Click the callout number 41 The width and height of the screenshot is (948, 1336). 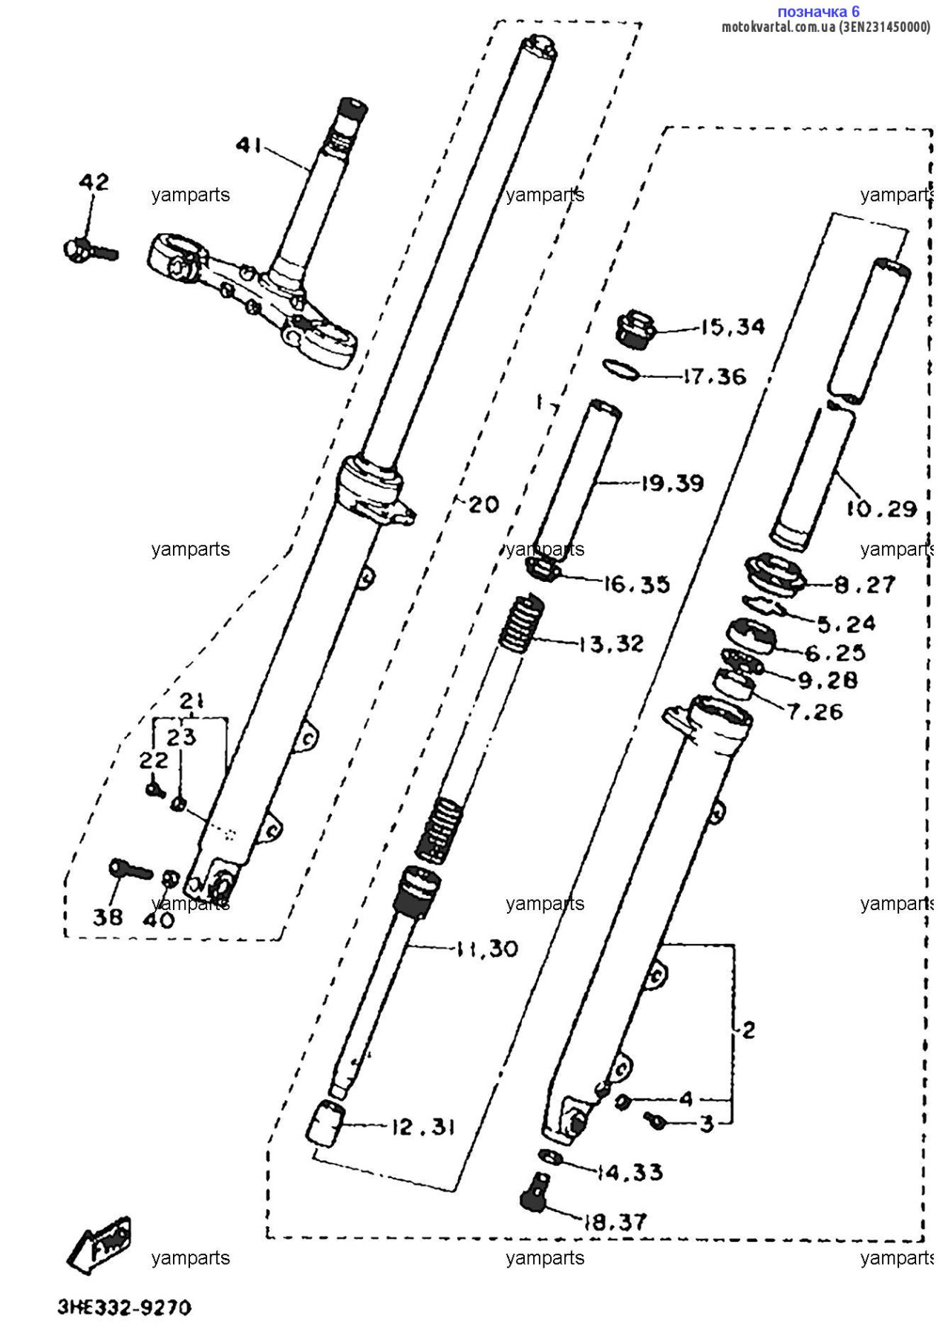pos(249,145)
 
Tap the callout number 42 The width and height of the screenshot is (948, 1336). pos(94,182)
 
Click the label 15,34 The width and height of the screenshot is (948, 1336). pos(733,327)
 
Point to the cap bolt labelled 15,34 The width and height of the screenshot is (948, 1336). pos(635,330)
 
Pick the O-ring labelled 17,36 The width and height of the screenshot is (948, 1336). pos(621,370)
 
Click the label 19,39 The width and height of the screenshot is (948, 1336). pos(673,483)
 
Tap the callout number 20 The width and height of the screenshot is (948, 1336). pos(484,505)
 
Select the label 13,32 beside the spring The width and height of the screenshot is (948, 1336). pos(611,644)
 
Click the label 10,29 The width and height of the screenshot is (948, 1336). pos(881,509)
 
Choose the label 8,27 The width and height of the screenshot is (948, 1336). pos(865,585)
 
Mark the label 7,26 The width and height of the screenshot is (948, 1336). pos(815,713)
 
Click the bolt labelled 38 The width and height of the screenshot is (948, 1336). pos(130,869)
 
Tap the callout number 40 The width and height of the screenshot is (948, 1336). pos(158,920)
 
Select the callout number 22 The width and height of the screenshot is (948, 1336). pos(154,760)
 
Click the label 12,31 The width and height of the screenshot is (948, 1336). pos(423,1127)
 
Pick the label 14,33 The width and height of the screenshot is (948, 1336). pos(630,1173)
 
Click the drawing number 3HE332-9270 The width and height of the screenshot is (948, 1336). pos(125,1307)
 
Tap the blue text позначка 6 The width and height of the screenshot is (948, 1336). pos(818,11)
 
